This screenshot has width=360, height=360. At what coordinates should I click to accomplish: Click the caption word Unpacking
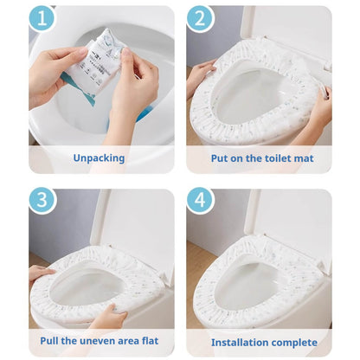coord(100,158)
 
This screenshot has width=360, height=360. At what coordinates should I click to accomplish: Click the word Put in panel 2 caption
coord(222,158)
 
